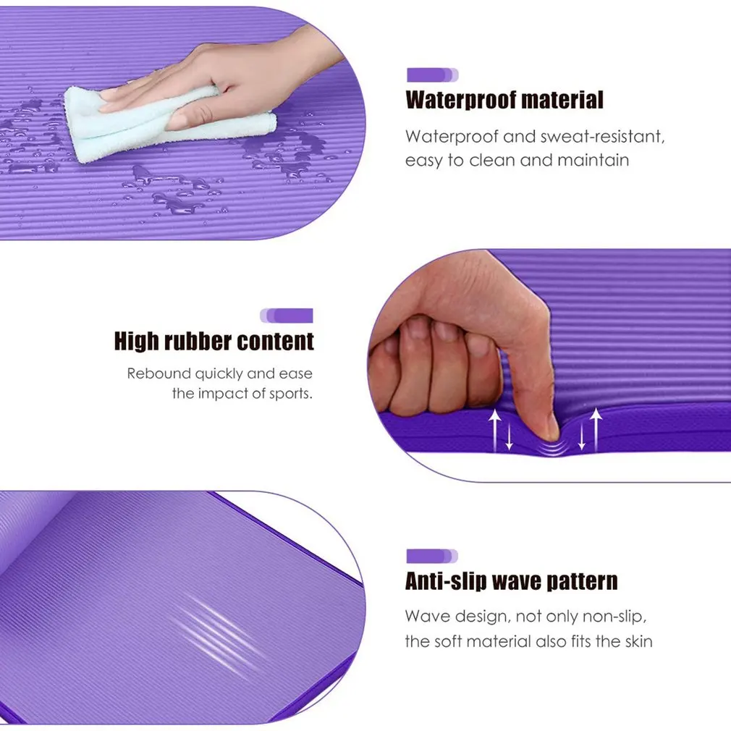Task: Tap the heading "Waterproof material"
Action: pos(504,100)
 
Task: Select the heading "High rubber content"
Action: pos(214,341)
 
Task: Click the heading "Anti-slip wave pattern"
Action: pos(512,581)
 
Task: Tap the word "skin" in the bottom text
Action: pos(636,641)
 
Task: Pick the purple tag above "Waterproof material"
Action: pos(432,75)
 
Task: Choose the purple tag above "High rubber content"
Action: pos(287,316)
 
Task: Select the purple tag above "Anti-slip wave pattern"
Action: pos(432,556)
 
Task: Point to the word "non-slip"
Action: pos(613,617)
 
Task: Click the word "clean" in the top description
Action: pos(493,160)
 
